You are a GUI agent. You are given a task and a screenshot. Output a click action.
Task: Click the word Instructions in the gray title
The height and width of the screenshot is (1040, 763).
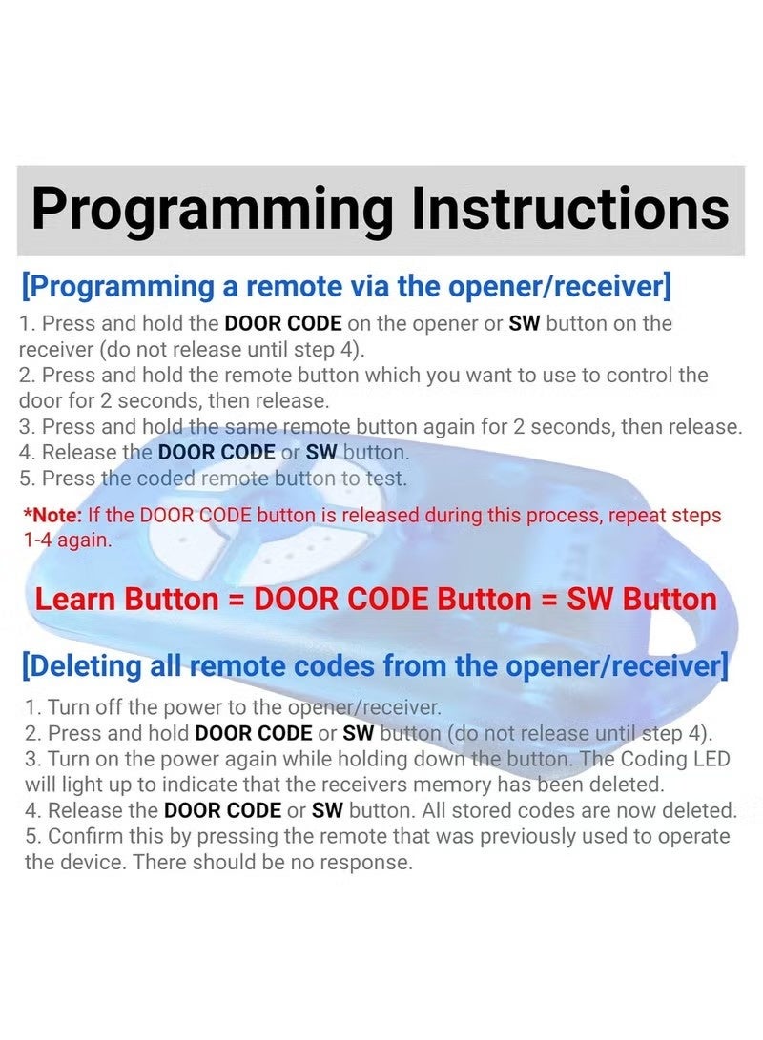coord(570,208)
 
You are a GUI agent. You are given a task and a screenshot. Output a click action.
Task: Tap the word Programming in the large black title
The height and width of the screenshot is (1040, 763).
coord(212,210)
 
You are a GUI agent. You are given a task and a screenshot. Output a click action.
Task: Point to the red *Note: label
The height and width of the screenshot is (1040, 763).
coord(53,516)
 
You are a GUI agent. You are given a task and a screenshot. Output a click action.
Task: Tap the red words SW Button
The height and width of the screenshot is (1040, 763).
coord(642,599)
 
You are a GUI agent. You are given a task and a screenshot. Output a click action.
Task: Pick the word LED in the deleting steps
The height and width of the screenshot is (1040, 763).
coord(714,759)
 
